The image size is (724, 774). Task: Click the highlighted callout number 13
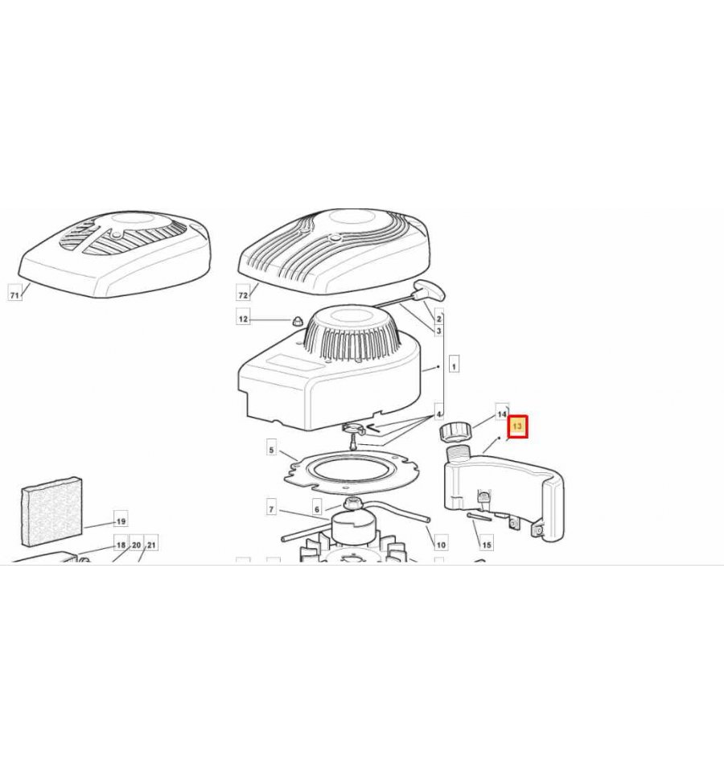(x=518, y=426)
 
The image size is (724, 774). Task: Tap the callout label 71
(x=14, y=294)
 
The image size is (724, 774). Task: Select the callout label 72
(x=243, y=294)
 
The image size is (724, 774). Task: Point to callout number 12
(x=243, y=319)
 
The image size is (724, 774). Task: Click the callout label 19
(x=121, y=521)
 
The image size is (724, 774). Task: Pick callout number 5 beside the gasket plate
(x=271, y=450)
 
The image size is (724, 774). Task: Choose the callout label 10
(x=441, y=545)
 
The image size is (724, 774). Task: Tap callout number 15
(x=487, y=545)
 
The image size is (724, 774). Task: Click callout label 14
(x=502, y=414)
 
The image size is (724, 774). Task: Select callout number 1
(x=454, y=366)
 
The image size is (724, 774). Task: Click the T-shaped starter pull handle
(x=430, y=290)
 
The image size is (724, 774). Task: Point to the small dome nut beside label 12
(x=297, y=321)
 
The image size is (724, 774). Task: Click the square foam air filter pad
(x=51, y=512)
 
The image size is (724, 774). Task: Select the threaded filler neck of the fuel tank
(x=459, y=452)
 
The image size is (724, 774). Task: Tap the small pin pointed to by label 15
(x=479, y=517)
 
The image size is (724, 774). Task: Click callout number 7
(x=271, y=509)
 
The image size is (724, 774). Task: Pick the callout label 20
(x=136, y=545)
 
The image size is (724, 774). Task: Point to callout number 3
(x=438, y=331)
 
